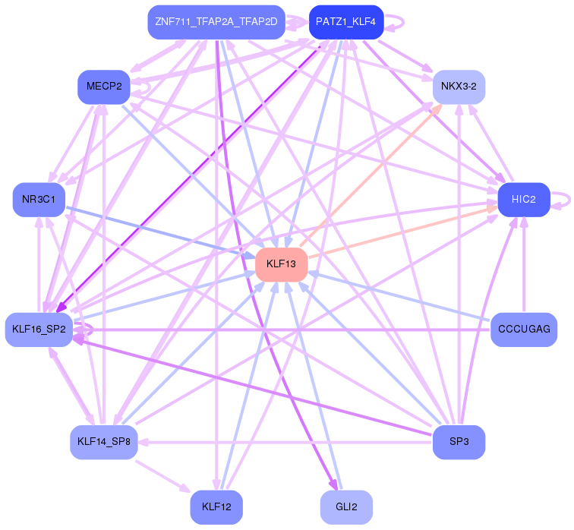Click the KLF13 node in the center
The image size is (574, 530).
pyautogui.click(x=281, y=264)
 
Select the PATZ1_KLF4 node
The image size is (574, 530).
pyautogui.click(x=345, y=22)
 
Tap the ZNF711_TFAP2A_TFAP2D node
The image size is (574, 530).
pyautogui.click(x=216, y=22)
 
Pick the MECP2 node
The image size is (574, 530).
pyautogui.click(x=104, y=87)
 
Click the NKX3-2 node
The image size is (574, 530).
pyautogui.click(x=459, y=87)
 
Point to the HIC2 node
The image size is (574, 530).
pyautogui.click(x=523, y=200)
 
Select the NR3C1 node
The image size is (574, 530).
pyautogui.click(x=38, y=200)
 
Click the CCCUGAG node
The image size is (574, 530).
pyautogui.click(x=523, y=330)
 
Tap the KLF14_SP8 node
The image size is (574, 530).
pyautogui.click(x=103, y=442)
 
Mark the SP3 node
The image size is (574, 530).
pyautogui.click(x=459, y=442)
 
